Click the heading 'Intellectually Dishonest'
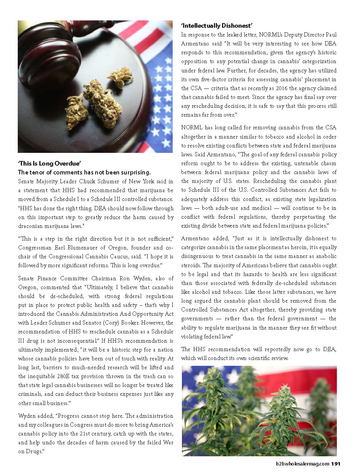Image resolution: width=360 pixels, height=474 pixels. tap(217, 26)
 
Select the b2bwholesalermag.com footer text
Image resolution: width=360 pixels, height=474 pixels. tap(303, 464)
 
